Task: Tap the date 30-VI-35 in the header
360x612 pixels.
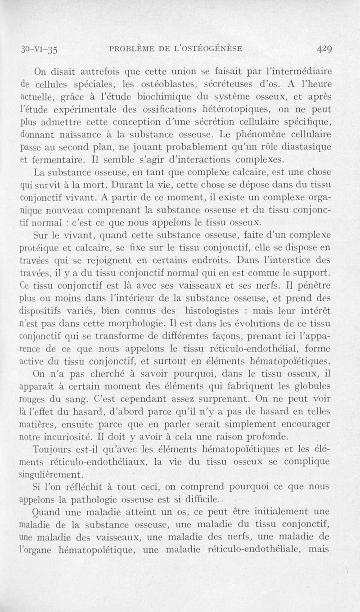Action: pos(40,49)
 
